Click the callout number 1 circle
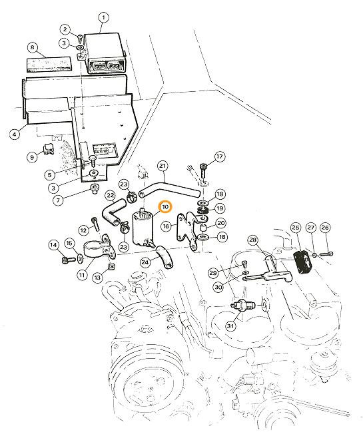(x=103, y=18)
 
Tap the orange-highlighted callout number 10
(x=165, y=207)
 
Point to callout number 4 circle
(x=15, y=134)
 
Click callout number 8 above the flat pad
(x=32, y=47)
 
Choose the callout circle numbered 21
(x=163, y=166)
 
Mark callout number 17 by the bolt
(x=219, y=156)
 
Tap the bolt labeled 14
(x=69, y=260)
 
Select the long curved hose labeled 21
(x=169, y=188)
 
